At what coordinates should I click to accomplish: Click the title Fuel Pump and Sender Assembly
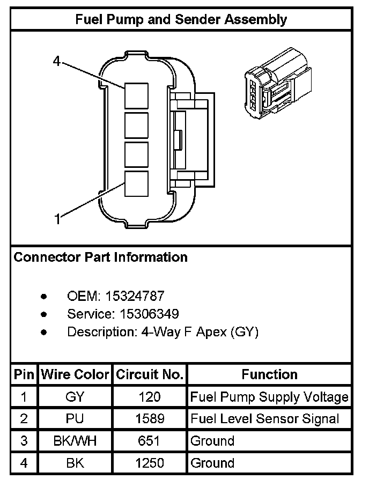point(181,20)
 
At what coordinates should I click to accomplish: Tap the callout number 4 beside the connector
point(57,61)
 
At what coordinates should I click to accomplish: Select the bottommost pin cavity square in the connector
point(136,183)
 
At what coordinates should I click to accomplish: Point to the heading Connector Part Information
point(100,257)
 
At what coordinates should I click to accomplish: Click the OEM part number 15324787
point(135,296)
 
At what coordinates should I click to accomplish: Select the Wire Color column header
point(75,374)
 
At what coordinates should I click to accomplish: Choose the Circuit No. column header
point(150,374)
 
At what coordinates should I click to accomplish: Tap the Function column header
point(269,374)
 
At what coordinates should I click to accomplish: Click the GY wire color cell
point(75,397)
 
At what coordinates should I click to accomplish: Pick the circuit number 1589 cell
point(150,419)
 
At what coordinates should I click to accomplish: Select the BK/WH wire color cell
point(75,441)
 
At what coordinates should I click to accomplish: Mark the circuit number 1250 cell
point(150,463)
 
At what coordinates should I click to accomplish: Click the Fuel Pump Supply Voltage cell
point(269,397)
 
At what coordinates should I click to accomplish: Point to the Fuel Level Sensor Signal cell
point(265,419)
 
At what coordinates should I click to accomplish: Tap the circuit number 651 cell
point(150,441)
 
